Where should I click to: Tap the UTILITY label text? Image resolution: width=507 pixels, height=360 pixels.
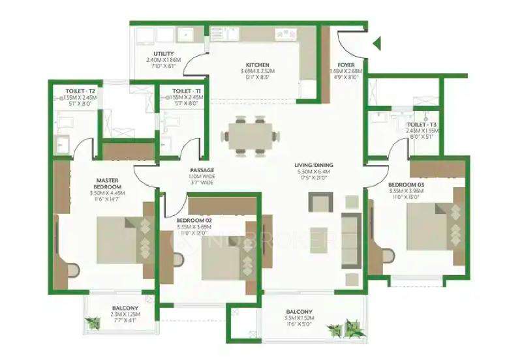click(x=163, y=53)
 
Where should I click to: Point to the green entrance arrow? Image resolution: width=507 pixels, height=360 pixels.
click(x=376, y=44)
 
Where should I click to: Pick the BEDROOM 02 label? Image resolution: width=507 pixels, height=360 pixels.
click(x=194, y=220)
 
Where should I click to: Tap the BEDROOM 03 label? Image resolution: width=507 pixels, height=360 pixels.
click(x=407, y=185)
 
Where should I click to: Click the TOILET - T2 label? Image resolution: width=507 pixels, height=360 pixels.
click(x=80, y=91)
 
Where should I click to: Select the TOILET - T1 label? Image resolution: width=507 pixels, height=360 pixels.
click(x=187, y=91)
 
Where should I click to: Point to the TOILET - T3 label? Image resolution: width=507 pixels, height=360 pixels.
click(x=420, y=124)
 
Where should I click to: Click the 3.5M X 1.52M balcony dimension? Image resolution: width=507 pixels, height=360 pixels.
click(x=298, y=319)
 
